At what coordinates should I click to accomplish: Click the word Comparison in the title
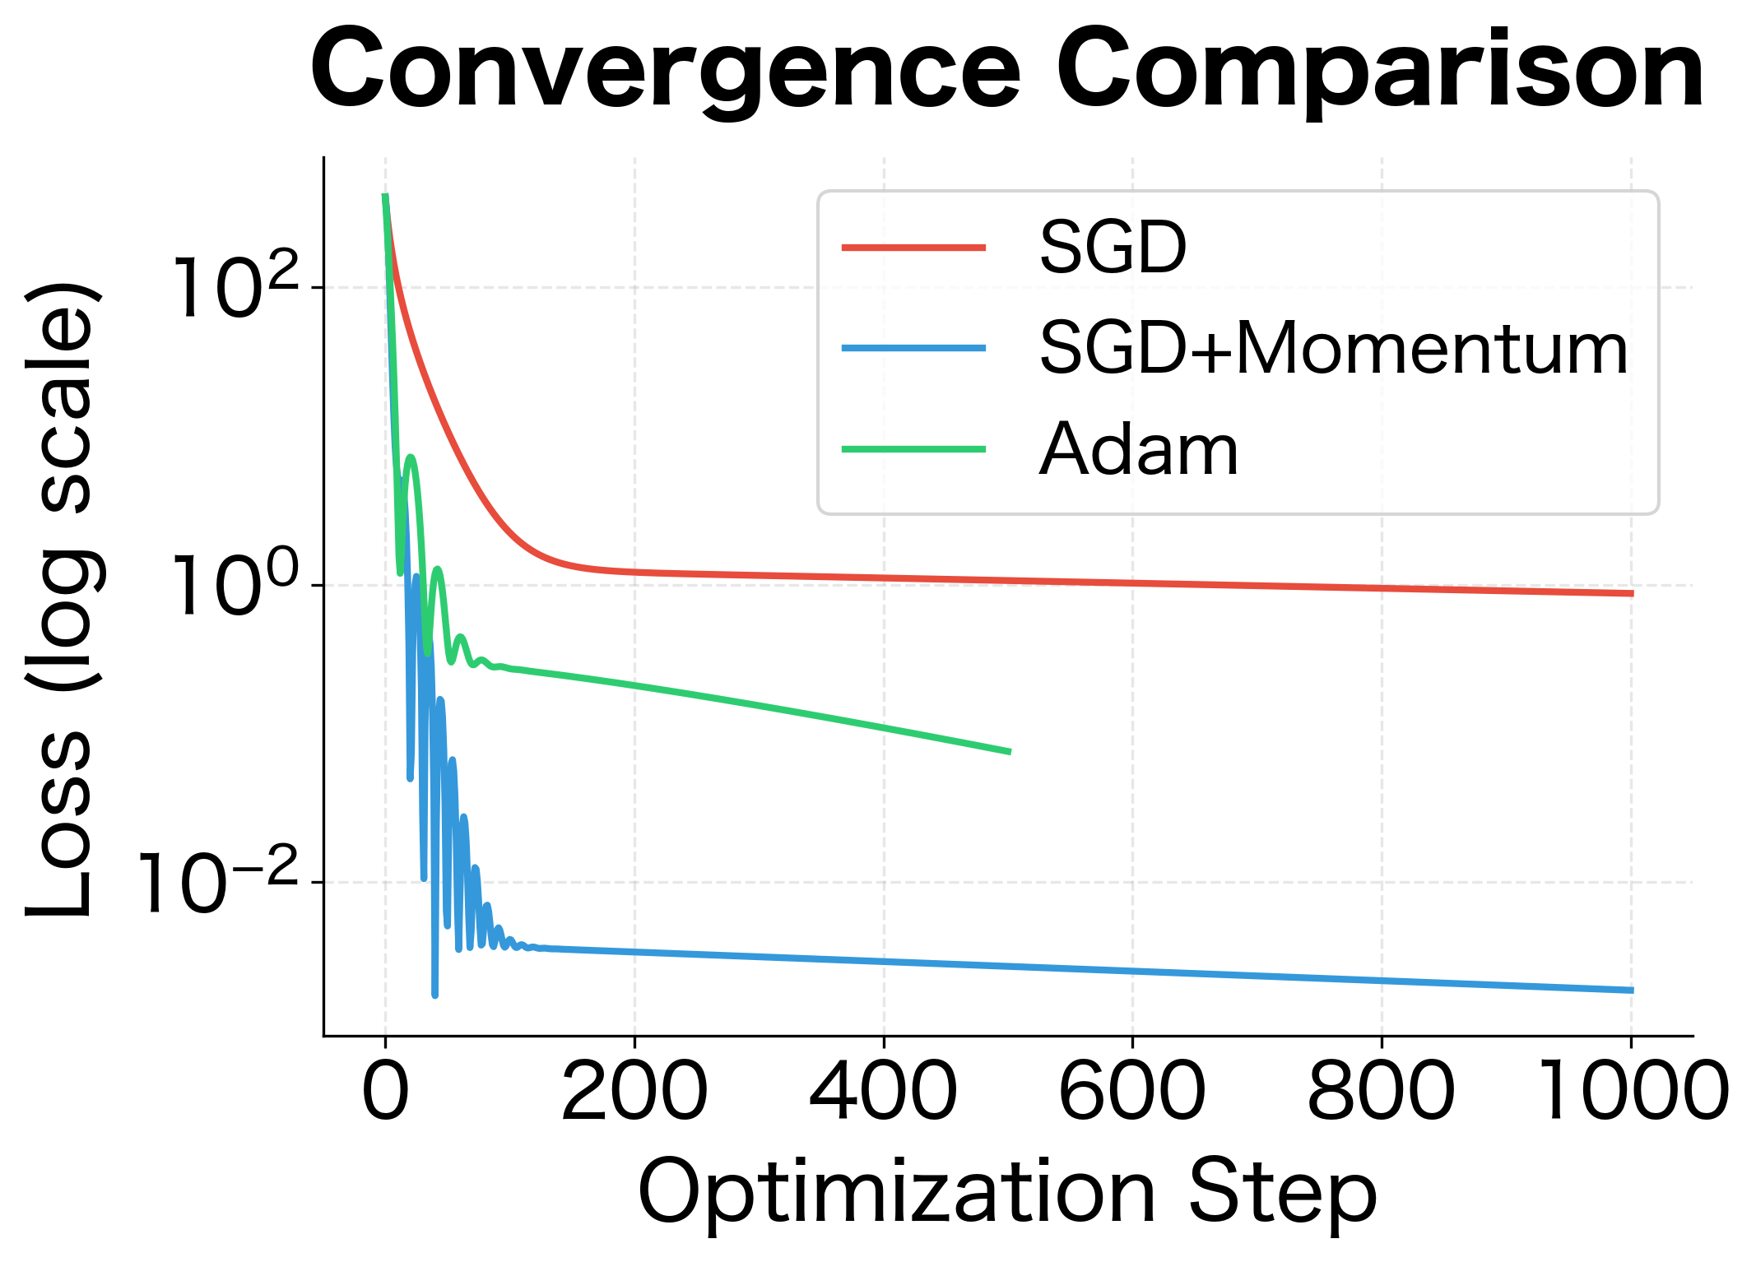coord(1380,72)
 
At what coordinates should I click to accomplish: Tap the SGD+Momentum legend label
coord(1333,349)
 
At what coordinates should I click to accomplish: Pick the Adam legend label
coord(1138,450)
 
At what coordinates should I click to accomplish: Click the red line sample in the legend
coord(913,247)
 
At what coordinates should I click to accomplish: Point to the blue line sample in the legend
coord(913,348)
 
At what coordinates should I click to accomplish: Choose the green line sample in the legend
coord(913,449)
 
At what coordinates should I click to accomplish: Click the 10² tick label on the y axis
coord(235,288)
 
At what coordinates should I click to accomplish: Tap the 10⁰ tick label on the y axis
coord(235,586)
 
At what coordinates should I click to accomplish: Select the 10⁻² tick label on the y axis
coord(218,884)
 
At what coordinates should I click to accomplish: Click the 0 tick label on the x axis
coord(385,1092)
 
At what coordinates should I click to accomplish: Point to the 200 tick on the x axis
coord(634,1092)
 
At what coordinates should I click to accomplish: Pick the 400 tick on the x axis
coord(884,1092)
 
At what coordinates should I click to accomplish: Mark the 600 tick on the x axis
coord(1132,1092)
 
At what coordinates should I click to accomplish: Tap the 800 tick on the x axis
coord(1382,1092)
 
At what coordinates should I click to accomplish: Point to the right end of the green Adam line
coord(1009,751)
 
